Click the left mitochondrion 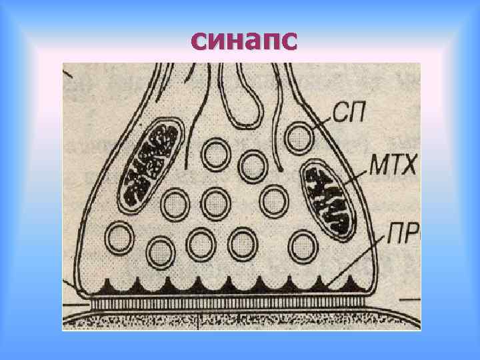click(151, 164)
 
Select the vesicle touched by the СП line click(299, 139)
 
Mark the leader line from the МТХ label click(363, 177)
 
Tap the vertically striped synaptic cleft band click(227, 302)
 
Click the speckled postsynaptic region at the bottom click(240, 320)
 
